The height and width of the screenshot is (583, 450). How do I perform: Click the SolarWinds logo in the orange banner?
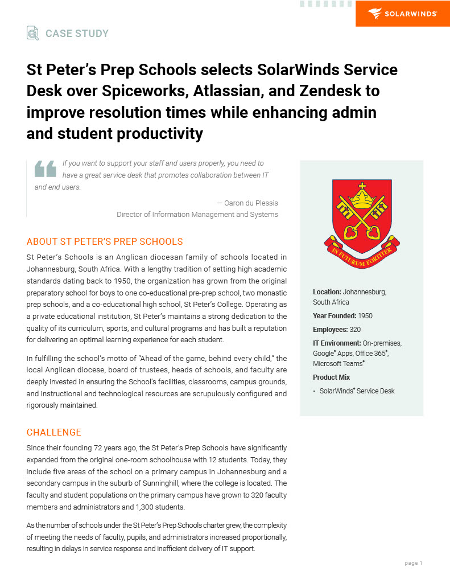click(x=402, y=14)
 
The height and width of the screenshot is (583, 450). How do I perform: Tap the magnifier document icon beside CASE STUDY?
click(x=33, y=33)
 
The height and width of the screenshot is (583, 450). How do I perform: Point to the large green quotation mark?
click(x=46, y=169)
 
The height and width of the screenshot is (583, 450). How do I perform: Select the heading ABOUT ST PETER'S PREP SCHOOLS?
click(x=105, y=241)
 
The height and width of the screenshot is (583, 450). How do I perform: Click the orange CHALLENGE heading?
click(x=54, y=432)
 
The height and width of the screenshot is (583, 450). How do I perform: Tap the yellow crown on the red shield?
click(x=361, y=199)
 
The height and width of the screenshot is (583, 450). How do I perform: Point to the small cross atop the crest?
click(x=362, y=186)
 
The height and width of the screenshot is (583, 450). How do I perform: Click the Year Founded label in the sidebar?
click(x=335, y=315)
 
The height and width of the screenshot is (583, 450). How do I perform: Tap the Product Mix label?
click(x=331, y=377)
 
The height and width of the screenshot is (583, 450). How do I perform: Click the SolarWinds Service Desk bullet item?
click(x=357, y=391)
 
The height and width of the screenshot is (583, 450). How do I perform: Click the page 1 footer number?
click(x=413, y=563)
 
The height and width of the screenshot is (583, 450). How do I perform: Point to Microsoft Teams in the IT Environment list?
click(x=338, y=363)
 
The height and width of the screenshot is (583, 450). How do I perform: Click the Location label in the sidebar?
click(x=327, y=291)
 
